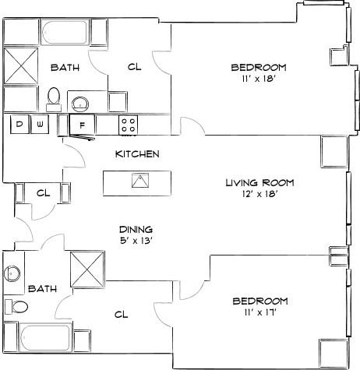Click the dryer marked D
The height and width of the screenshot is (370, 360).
point(18,124)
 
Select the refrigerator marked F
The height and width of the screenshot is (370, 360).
point(81,124)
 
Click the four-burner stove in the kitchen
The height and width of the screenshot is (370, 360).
point(129,123)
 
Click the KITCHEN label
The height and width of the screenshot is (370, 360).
point(137,154)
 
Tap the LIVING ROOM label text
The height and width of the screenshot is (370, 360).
point(259,182)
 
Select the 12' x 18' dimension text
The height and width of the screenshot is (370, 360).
point(259,195)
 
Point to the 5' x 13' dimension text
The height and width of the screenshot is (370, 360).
point(136,241)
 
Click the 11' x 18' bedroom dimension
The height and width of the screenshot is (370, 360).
point(259,79)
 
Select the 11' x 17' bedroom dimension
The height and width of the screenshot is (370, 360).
point(260,312)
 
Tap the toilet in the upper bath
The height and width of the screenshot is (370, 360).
point(54,95)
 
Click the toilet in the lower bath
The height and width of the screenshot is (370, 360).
point(11,305)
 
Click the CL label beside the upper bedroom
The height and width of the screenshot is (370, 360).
point(133,67)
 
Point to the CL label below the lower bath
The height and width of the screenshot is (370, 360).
point(121,315)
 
